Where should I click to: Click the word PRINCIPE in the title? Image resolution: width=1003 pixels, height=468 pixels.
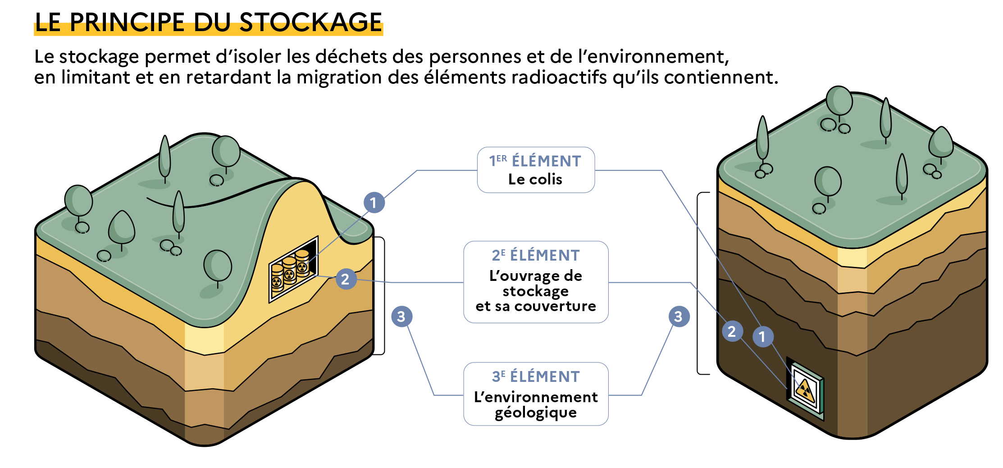coord(127,23)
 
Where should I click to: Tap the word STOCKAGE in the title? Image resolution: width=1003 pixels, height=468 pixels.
coord(310,23)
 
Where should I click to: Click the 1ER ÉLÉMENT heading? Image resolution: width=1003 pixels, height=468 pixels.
coord(535,161)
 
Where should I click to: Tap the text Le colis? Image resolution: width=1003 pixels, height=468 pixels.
coord(535,179)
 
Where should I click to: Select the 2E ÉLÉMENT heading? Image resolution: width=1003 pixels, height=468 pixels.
coord(535,255)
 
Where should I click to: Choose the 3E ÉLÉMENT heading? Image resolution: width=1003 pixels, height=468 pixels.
coord(535,376)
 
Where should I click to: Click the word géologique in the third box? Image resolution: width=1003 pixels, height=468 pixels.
coord(535,413)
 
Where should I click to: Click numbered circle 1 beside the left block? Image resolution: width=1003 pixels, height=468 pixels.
coord(374,203)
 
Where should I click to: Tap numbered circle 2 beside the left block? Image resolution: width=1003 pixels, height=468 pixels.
coord(346,279)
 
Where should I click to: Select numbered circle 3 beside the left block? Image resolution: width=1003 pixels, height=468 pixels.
coord(401,317)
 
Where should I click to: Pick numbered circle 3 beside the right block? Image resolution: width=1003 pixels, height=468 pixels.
coord(679,317)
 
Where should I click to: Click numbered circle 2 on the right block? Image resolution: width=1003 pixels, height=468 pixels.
coord(732,332)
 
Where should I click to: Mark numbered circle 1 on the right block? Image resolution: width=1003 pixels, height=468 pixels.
coord(762,337)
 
